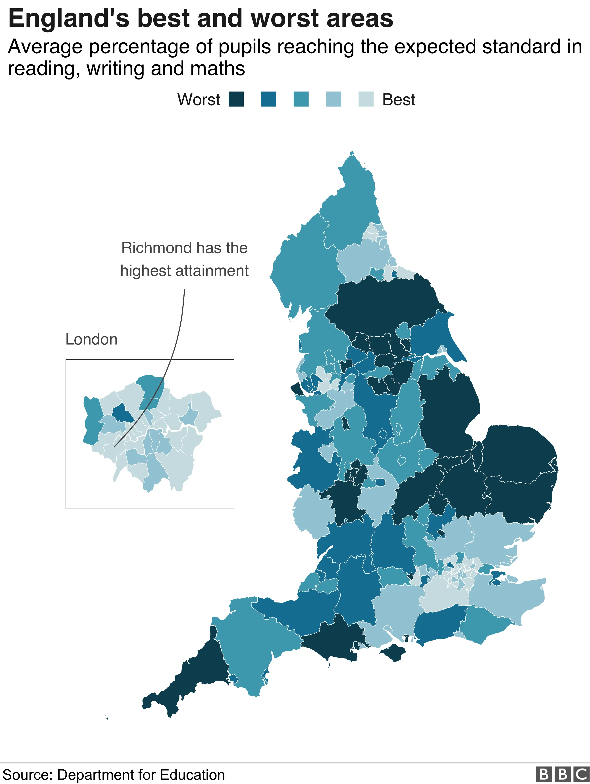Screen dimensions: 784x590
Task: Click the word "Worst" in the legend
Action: pyautogui.click(x=199, y=100)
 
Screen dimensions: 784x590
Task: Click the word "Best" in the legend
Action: pyautogui.click(x=398, y=100)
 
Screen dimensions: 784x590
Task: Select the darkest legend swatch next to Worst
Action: pyautogui.click(x=236, y=99)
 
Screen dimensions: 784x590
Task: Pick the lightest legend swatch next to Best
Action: pyautogui.click(x=366, y=99)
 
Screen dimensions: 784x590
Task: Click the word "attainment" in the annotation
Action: pyautogui.click(x=212, y=271)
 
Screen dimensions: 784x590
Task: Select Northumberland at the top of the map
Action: pyautogui.click(x=351, y=198)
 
